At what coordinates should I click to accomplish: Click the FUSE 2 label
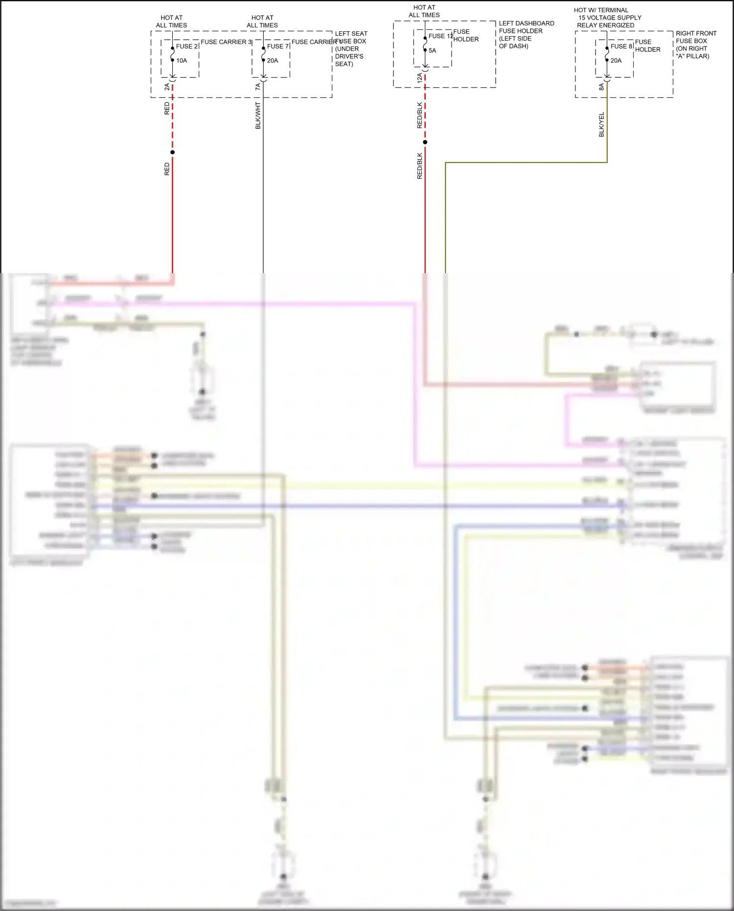tap(186, 47)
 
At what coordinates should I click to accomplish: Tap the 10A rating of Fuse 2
tap(182, 61)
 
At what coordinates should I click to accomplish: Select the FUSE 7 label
tap(277, 47)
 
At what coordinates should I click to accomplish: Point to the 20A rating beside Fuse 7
tap(273, 61)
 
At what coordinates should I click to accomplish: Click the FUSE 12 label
tap(440, 36)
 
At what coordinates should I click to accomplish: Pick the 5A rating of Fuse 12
tap(432, 50)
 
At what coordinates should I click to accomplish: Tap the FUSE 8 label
tap(621, 47)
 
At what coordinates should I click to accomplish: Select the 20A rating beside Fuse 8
tap(616, 61)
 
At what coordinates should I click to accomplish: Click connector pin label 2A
tap(167, 87)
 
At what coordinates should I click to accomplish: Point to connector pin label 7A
tap(258, 87)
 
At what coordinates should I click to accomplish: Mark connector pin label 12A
tap(419, 78)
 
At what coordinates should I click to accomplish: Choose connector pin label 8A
tap(601, 87)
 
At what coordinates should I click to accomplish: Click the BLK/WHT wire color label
tap(258, 116)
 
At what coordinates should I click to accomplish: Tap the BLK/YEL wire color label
tap(601, 124)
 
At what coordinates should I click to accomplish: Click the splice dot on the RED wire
tap(172, 152)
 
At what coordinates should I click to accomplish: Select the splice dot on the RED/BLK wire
tap(425, 142)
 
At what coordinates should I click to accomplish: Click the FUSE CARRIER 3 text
tap(226, 42)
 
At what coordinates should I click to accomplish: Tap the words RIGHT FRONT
tap(696, 33)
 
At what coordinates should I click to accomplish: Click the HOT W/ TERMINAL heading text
tap(601, 10)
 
